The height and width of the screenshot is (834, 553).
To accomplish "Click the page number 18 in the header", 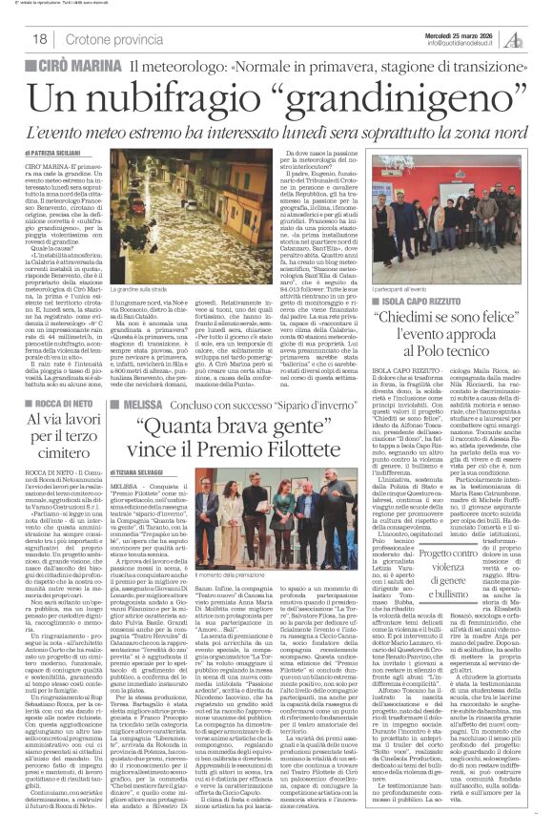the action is click(x=41, y=39).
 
